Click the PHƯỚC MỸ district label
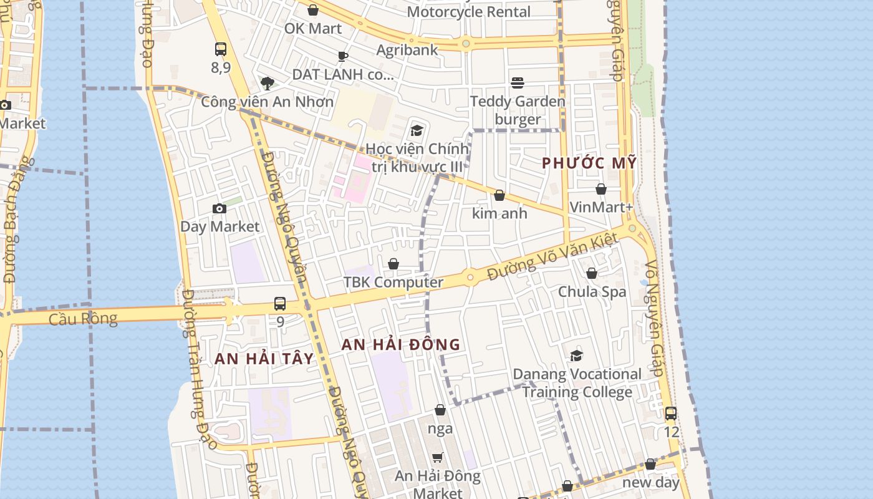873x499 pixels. pos(589,163)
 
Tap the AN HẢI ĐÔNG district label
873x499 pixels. pos(401,344)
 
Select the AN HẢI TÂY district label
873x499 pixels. pos(264,359)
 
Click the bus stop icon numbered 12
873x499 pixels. pos(671,413)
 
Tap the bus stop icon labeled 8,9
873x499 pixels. pos(220,49)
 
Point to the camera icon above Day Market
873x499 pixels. pos(219,208)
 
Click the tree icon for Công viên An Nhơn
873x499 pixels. pos(268,83)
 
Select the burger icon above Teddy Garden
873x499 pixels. pos(517,82)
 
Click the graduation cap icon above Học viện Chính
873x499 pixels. pos(417,130)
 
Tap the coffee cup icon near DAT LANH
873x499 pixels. pos(342,56)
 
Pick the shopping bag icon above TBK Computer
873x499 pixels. pos(393,264)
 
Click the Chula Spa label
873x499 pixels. pos(592,291)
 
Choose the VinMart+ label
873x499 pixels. pos(601,207)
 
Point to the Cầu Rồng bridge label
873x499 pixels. pos(83,319)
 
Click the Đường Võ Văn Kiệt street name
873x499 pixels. pos(552,256)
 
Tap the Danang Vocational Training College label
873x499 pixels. pos(577,383)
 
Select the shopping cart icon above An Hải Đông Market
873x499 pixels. pos(438,457)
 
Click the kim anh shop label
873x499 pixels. pos(499,213)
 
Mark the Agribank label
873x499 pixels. pos(407,50)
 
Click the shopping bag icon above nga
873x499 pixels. pos(440,410)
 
